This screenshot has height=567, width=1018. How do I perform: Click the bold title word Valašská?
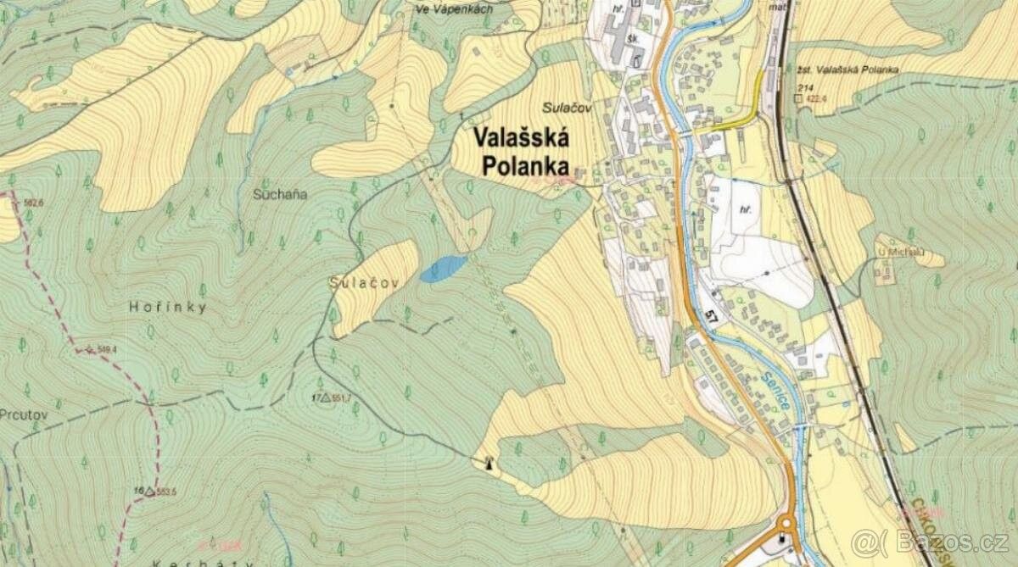(520, 137)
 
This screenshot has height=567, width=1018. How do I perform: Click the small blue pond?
(443, 269)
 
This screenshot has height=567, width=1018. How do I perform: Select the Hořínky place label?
(169, 309)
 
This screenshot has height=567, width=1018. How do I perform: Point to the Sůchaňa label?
(279, 194)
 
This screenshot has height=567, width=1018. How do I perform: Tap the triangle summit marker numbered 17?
(325, 397)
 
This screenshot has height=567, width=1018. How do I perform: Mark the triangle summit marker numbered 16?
(150, 491)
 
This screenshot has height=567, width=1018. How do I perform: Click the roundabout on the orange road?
(784, 534)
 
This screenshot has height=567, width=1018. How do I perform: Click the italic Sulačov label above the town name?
(566, 107)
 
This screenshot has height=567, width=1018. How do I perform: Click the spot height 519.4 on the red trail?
(105, 349)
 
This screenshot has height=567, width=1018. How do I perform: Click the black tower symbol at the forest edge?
(488, 462)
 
